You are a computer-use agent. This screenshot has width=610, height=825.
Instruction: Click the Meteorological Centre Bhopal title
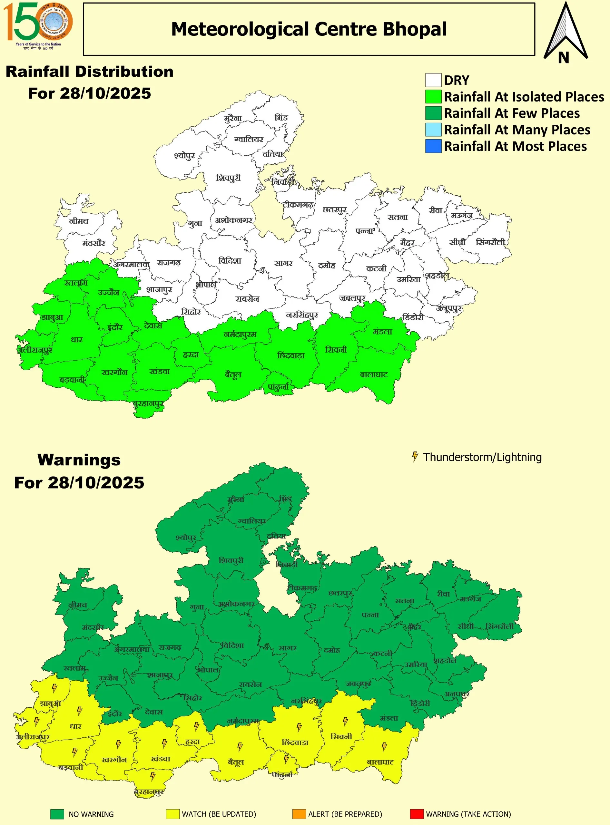click(x=309, y=29)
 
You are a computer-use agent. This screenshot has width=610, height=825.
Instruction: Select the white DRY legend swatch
click(x=433, y=80)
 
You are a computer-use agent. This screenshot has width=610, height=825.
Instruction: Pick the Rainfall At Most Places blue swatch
click(x=433, y=146)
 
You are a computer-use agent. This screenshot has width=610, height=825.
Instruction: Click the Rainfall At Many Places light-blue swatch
click(x=433, y=130)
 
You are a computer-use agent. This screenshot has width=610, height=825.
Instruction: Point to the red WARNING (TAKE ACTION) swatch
click(x=417, y=814)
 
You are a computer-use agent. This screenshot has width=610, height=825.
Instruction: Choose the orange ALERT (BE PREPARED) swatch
click(x=299, y=814)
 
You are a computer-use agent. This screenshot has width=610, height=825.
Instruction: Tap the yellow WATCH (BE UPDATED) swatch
click(x=172, y=814)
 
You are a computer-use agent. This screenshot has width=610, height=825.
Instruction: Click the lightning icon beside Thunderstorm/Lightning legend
click(x=415, y=457)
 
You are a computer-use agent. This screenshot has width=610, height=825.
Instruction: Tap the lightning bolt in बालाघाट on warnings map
click(x=384, y=747)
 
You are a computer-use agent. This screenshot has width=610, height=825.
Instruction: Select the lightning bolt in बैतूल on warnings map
click(x=240, y=747)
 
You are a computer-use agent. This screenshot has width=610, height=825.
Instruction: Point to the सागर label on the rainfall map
click(x=283, y=263)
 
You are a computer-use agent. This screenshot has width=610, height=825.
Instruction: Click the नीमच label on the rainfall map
click(x=79, y=221)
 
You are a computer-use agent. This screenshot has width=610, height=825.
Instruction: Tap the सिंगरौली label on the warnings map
click(x=500, y=626)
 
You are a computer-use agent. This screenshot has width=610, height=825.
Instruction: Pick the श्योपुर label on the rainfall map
click(x=184, y=156)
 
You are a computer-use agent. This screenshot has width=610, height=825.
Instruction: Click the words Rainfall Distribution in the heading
click(x=89, y=72)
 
